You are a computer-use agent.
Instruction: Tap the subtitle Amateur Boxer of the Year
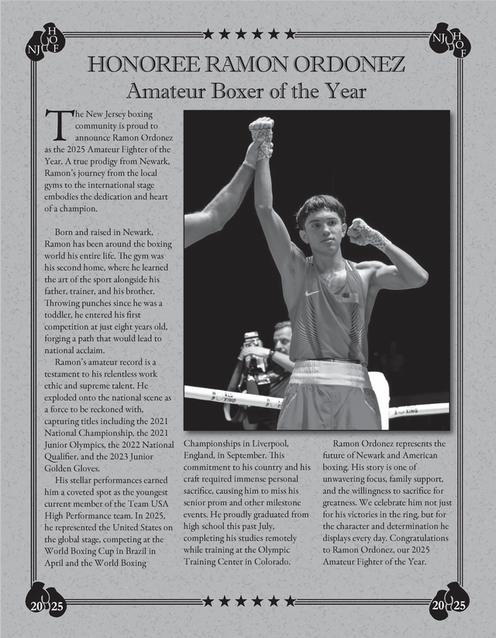tap(246, 91)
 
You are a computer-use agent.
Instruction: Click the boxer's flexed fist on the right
tap(360, 230)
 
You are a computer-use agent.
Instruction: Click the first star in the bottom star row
tap(208, 601)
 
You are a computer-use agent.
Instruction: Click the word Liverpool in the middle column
tap(267, 443)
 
